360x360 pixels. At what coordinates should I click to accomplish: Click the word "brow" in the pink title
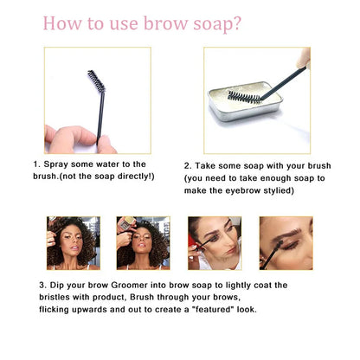pos(165,23)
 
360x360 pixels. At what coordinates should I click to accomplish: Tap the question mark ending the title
pos(236,23)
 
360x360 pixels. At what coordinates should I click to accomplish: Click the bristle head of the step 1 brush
pos(97,80)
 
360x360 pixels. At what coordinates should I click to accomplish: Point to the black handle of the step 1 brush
pos(100,118)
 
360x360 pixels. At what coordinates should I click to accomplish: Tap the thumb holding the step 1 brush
pos(106,145)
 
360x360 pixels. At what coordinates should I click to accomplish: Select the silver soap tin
pos(245,101)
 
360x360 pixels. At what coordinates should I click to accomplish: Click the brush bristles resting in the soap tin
pos(244,97)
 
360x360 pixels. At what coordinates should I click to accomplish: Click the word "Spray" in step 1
pos(55,164)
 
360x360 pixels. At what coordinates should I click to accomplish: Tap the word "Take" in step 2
pos(205,166)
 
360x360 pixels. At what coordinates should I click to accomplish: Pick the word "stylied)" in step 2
pos(279,190)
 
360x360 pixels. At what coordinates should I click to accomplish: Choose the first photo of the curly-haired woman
pos(74,243)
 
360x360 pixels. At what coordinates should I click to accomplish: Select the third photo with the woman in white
pos(215,243)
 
